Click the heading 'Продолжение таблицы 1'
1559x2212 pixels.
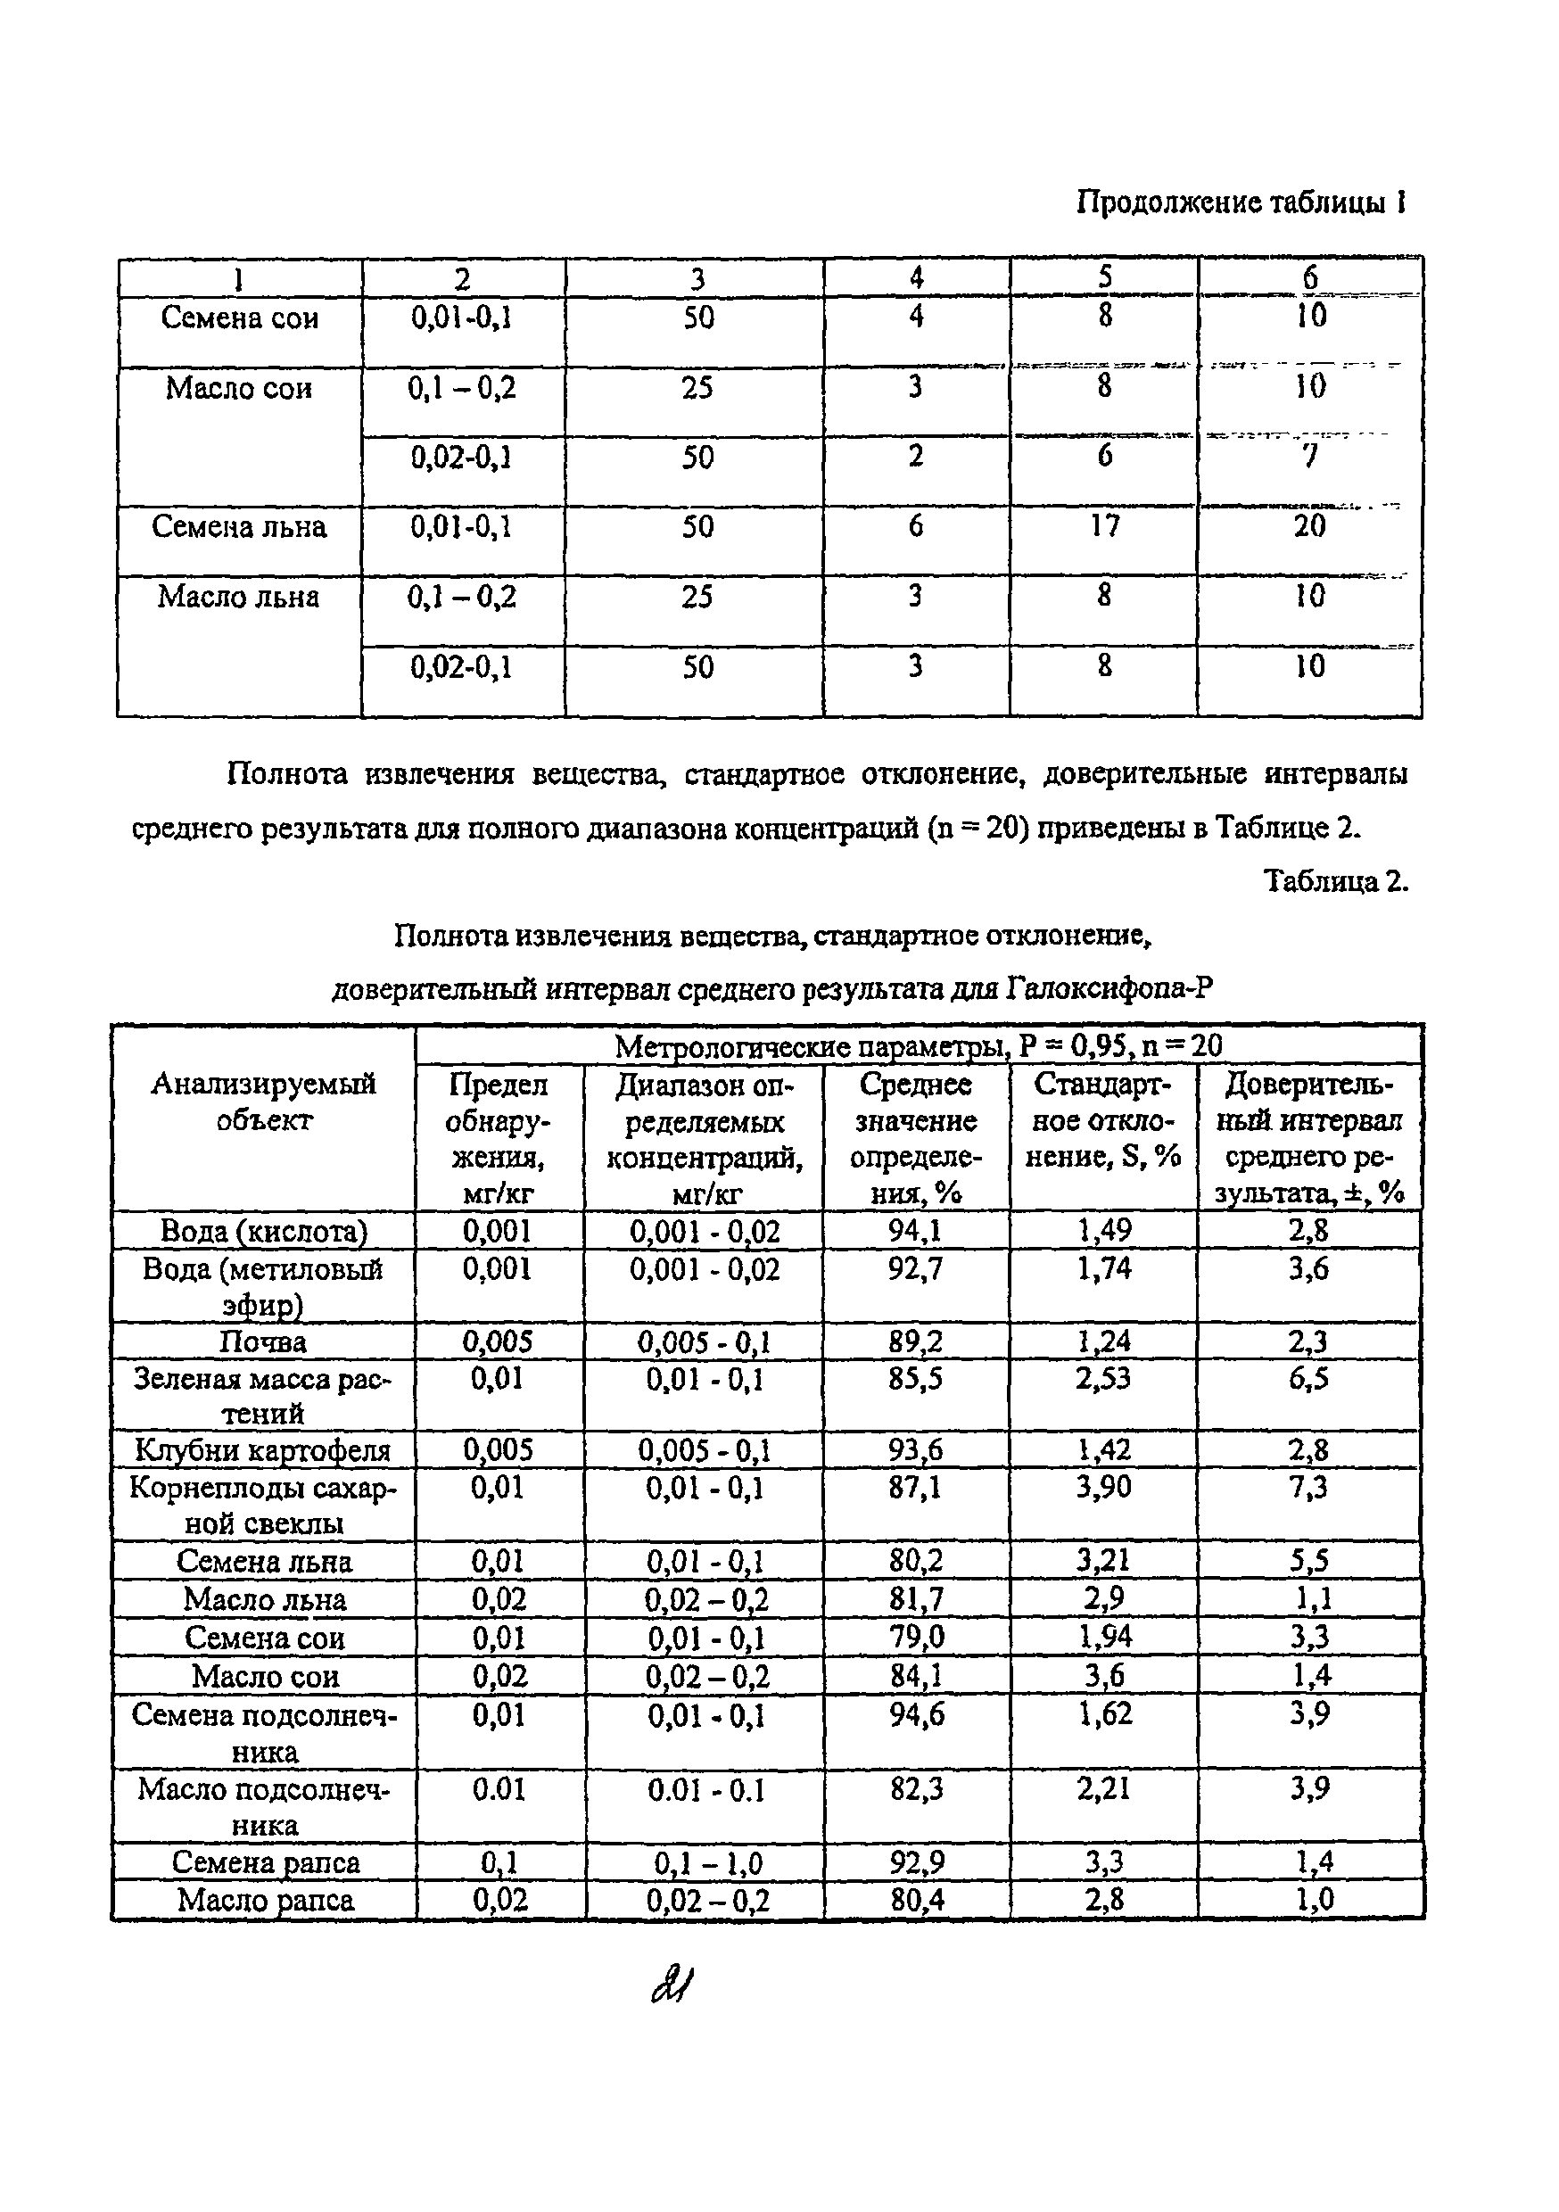coord(1240,203)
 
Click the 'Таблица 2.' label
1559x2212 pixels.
coord(1334,880)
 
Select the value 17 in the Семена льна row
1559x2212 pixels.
coord(1104,526)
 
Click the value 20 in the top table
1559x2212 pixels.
coord(1309,526)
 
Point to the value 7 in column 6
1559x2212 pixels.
coord(1309,457)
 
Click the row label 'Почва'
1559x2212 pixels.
coord(262,1342)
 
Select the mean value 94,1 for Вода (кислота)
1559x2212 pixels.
coord(914,1231)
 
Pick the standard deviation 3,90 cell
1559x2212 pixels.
coord(1104,1488)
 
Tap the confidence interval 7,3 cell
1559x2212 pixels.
coord(1308,1488)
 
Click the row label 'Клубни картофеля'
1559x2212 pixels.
coord(262,1451)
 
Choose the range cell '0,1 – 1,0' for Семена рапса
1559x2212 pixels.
coord(707,1863)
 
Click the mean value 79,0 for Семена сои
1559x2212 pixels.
coord(916,1638)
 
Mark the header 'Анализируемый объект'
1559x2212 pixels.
coord(263,1102)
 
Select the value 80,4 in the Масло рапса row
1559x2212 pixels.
coord(916,1901)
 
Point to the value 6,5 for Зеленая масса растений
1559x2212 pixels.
coord(1308,1379)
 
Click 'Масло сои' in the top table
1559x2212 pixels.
coord(238,388)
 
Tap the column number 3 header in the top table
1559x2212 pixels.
coord(697,279)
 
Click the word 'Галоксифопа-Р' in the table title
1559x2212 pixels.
coord(1108,988)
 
